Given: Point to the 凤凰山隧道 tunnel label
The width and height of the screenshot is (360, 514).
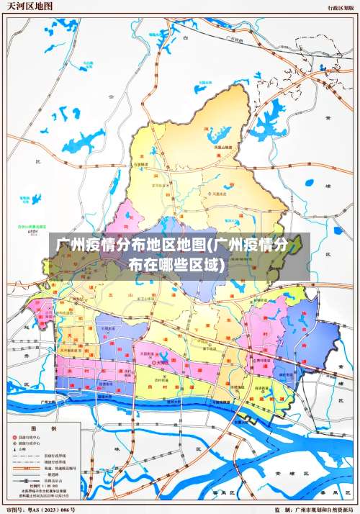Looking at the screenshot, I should pos(225,147).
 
